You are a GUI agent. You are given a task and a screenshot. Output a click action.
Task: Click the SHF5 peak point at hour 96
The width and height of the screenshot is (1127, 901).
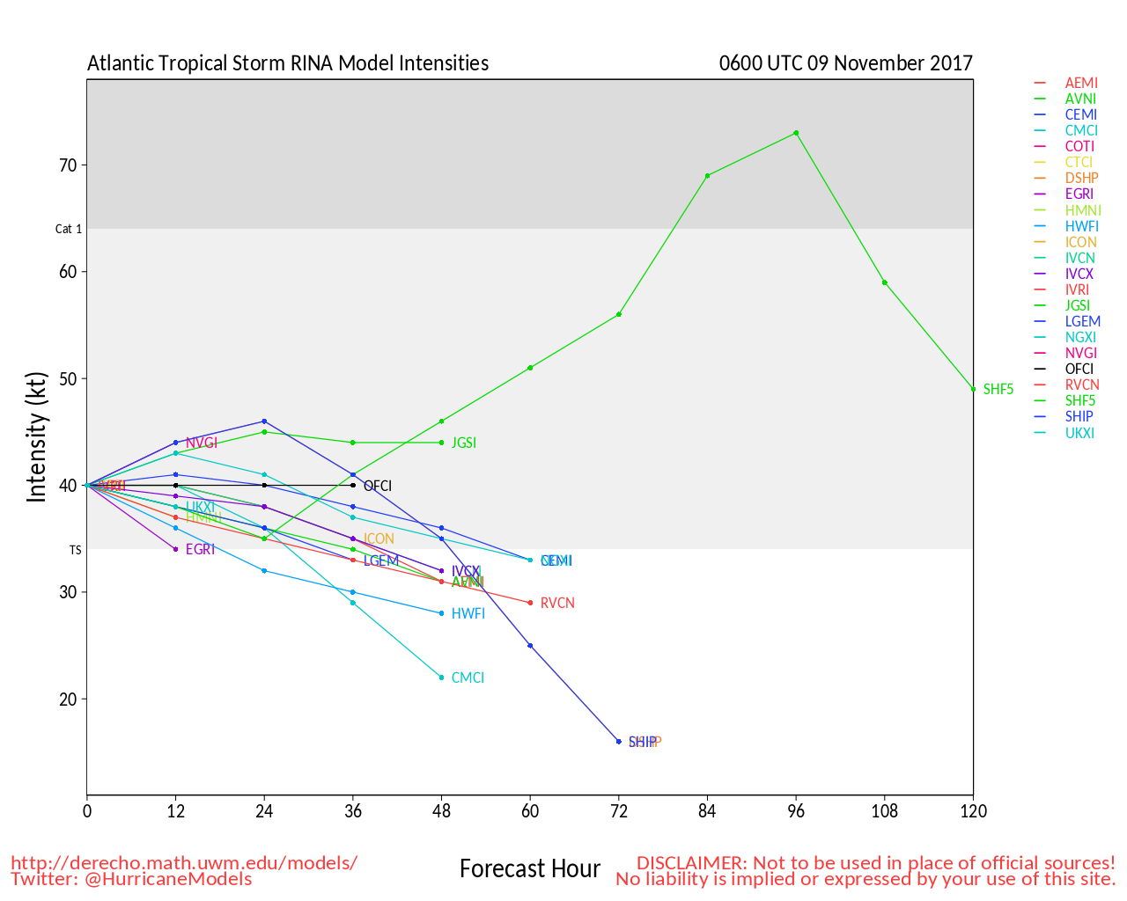[796, 133]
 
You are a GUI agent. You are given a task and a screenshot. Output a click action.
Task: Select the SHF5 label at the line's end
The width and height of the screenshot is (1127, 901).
[998, 389]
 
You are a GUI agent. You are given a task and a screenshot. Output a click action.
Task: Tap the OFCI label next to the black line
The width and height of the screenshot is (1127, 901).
[378, 486]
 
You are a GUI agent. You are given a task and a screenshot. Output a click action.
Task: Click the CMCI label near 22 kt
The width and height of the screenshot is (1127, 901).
[468, 678]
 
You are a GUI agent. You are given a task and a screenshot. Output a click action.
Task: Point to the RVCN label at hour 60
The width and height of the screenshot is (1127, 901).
[557, 603]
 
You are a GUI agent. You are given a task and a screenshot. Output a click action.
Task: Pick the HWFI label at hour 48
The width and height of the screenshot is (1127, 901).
[468, 613]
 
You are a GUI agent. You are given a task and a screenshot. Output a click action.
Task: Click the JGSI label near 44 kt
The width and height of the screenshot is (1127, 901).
[464, 443]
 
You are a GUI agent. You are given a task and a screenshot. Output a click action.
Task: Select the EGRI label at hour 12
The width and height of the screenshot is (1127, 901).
[200, 549]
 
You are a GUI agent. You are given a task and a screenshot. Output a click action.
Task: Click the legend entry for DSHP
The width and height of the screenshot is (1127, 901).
[1081, 178]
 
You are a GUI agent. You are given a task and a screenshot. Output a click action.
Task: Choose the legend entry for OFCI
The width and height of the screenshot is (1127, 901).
[1079, 369]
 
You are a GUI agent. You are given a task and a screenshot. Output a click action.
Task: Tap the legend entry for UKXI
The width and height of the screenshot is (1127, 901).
[1079, 432]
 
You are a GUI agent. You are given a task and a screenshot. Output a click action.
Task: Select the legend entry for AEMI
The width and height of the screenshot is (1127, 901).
[1081, 83]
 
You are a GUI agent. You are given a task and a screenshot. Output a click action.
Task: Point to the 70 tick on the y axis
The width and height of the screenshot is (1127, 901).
[68, 165]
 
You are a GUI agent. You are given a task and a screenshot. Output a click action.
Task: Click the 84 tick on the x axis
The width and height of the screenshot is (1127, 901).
[707, 811]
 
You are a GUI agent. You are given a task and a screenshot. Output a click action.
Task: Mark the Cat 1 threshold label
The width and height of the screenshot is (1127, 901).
[69, 229]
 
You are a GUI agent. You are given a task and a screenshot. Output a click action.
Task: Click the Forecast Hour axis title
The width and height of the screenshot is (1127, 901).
[530, 869]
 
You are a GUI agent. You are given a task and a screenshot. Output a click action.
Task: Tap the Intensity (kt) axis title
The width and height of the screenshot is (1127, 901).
[36, 437]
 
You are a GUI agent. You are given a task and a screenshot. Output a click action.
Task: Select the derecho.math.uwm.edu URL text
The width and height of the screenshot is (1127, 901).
[184, 862]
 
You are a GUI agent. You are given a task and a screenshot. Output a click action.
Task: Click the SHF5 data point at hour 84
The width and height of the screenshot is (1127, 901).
[707, 176]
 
